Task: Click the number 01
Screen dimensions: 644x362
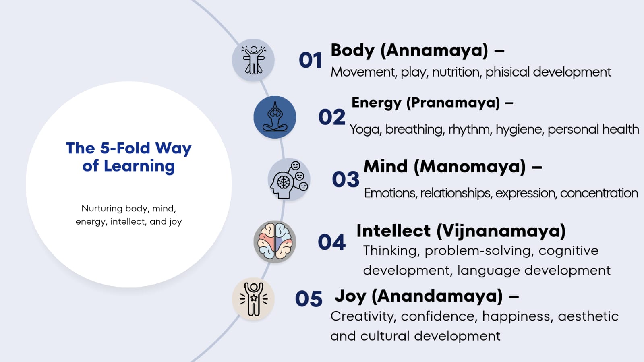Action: (x=310, y=60)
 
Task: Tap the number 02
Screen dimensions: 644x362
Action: (x=332, y=117)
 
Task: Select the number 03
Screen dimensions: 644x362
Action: (x=346, y=179)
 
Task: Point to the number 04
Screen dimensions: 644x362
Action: (x=331, y=242)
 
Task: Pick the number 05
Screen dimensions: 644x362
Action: (x=309, y=298)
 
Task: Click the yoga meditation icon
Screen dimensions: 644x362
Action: (x=275, y=117)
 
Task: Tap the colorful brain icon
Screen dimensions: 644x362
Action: (x=275, y=242)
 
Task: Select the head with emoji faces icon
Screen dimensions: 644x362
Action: (x=289, y=180)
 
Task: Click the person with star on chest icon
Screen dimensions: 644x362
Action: (x=253, y=299)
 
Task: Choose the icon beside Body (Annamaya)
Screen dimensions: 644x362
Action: (x=253, y=60)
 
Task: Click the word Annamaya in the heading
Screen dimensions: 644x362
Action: (x=434, y=51)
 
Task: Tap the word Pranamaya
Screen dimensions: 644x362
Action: (x=453, y=103)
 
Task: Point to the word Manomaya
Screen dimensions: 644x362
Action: (x=470, y=167)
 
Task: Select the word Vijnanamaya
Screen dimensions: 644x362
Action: (x=501, y=231)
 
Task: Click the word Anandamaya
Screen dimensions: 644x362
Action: (x=437, y=296)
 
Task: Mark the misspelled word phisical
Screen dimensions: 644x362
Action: (x=507, y=72)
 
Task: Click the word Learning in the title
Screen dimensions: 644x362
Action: (x=139, y=166)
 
